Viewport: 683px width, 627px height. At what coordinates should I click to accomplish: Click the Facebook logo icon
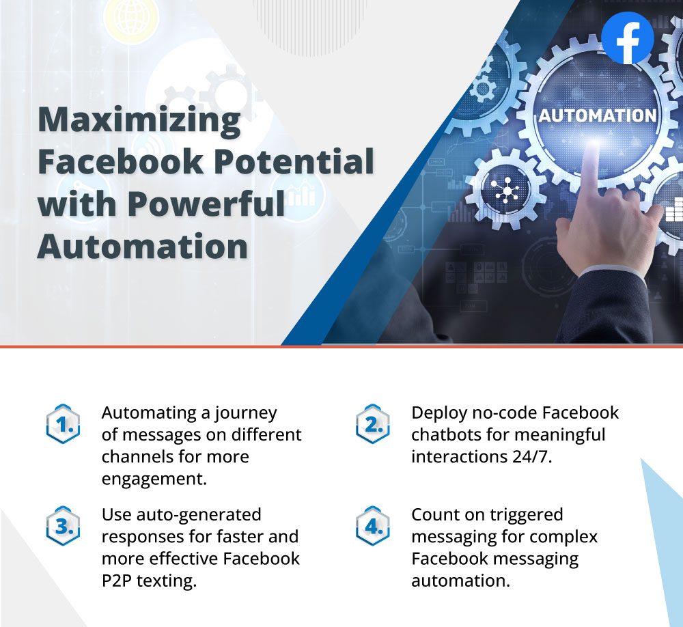click(627, 38)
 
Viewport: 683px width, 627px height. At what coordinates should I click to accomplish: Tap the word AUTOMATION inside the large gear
click(598, 116)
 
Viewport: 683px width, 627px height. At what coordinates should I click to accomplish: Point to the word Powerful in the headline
click(206, 204)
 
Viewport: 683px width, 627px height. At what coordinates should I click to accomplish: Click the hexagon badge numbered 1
click(63, 424)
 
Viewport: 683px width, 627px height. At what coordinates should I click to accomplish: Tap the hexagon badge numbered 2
click(372, 424)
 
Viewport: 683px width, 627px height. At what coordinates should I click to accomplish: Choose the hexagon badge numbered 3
click(63, 526)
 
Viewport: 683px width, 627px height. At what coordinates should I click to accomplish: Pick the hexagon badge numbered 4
click(372, 526)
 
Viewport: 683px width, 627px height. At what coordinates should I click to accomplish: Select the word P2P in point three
click(116, 581)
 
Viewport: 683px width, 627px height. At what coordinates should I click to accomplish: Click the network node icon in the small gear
click(505, 191)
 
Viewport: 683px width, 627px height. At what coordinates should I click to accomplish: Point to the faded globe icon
click(130, 18)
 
